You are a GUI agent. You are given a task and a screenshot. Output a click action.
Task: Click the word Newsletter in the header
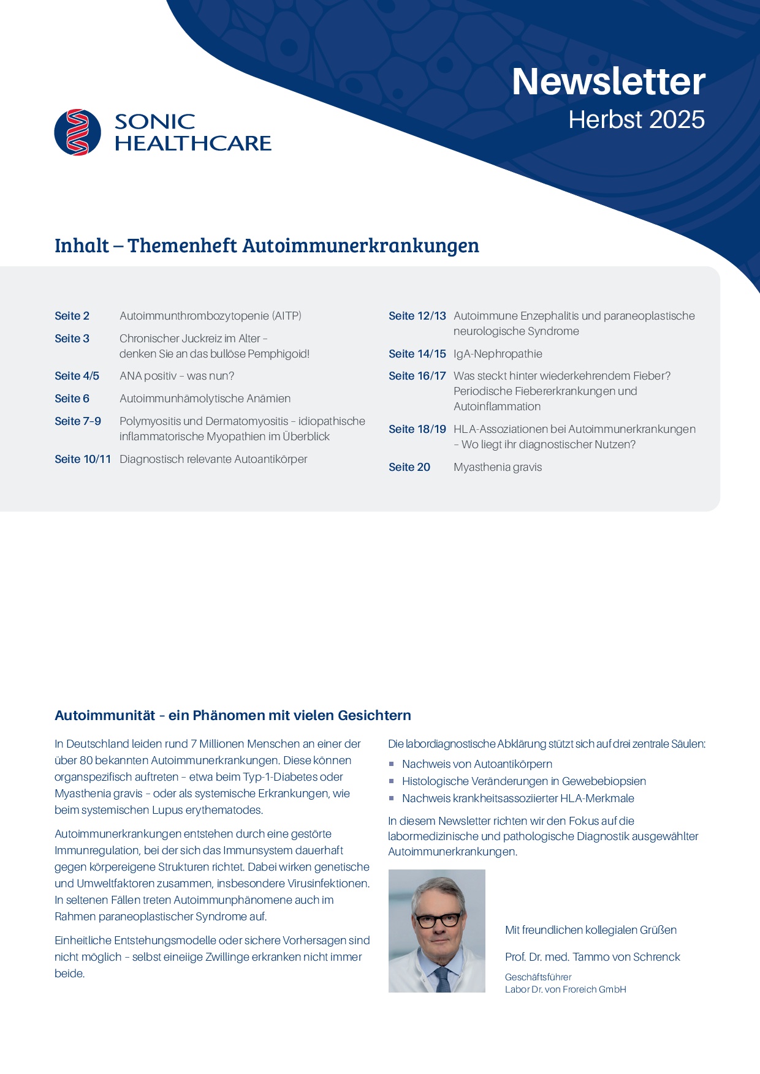(608, 81)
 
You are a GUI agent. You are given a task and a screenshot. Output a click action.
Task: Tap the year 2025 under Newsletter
(677, 119)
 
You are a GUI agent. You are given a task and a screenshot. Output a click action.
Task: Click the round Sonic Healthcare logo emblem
(78, 132)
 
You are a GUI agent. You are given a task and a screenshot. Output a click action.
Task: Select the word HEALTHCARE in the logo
(192, 143)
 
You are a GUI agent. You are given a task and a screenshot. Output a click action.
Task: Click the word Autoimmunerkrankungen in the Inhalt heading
(361, 246)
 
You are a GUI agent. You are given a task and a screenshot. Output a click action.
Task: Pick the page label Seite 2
(72, 316)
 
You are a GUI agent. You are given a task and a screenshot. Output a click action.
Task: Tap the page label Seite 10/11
(83, 459)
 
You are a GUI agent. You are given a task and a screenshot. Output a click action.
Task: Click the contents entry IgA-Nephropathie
(498, 354)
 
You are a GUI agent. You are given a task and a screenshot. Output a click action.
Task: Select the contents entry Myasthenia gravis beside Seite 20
(498, 467)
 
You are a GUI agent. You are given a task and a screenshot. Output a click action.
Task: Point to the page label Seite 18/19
(417, 429)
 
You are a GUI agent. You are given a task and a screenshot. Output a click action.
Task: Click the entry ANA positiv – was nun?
(177, 376)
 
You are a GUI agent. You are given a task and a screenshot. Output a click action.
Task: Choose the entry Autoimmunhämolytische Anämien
(205, 399)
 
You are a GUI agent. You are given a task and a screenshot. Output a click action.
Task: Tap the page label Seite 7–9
(78, 421)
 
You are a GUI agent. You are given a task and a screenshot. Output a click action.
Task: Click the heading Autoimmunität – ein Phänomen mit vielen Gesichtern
(233, 715)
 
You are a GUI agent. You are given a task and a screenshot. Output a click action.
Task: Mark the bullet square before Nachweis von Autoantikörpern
(392, 764)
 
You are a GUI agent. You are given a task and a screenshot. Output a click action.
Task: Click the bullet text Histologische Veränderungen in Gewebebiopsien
(524, 781)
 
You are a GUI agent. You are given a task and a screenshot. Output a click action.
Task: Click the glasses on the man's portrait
(438, 920)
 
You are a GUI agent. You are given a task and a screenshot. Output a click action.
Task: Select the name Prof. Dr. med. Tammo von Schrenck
(592, 957)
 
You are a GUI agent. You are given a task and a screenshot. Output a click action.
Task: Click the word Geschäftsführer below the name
(538, 977)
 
